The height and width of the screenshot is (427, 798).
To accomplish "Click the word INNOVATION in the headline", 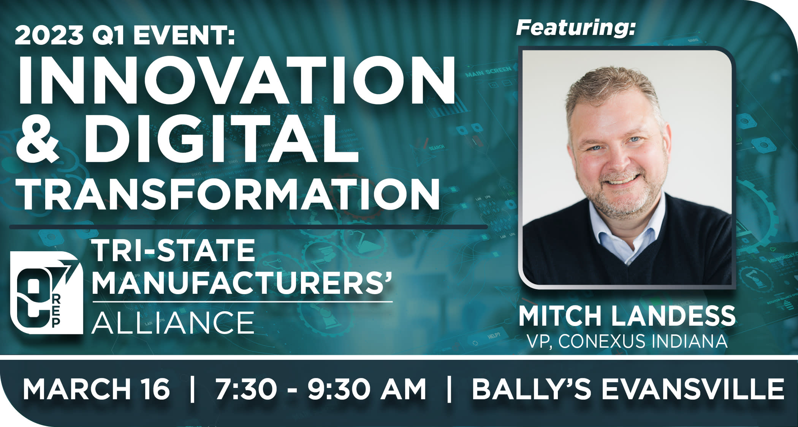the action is (236, 80).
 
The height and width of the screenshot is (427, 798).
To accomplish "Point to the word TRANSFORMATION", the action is (230, 193).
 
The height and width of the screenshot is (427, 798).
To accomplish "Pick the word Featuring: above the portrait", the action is (575, 28).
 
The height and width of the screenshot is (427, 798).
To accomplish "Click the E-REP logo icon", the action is (46, 293).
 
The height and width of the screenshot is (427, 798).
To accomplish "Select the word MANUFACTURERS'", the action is (242, 282).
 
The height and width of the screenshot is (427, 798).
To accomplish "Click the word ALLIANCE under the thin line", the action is (173, 322).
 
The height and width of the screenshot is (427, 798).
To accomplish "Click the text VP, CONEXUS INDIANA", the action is (627, 341).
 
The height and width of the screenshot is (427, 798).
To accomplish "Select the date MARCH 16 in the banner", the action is (96, 389).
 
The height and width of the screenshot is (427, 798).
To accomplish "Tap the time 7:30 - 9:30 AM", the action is (321, 389).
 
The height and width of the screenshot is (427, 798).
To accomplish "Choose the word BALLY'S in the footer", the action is (531, 389).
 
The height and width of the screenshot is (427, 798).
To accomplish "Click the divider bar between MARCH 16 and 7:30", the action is (192, 389).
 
